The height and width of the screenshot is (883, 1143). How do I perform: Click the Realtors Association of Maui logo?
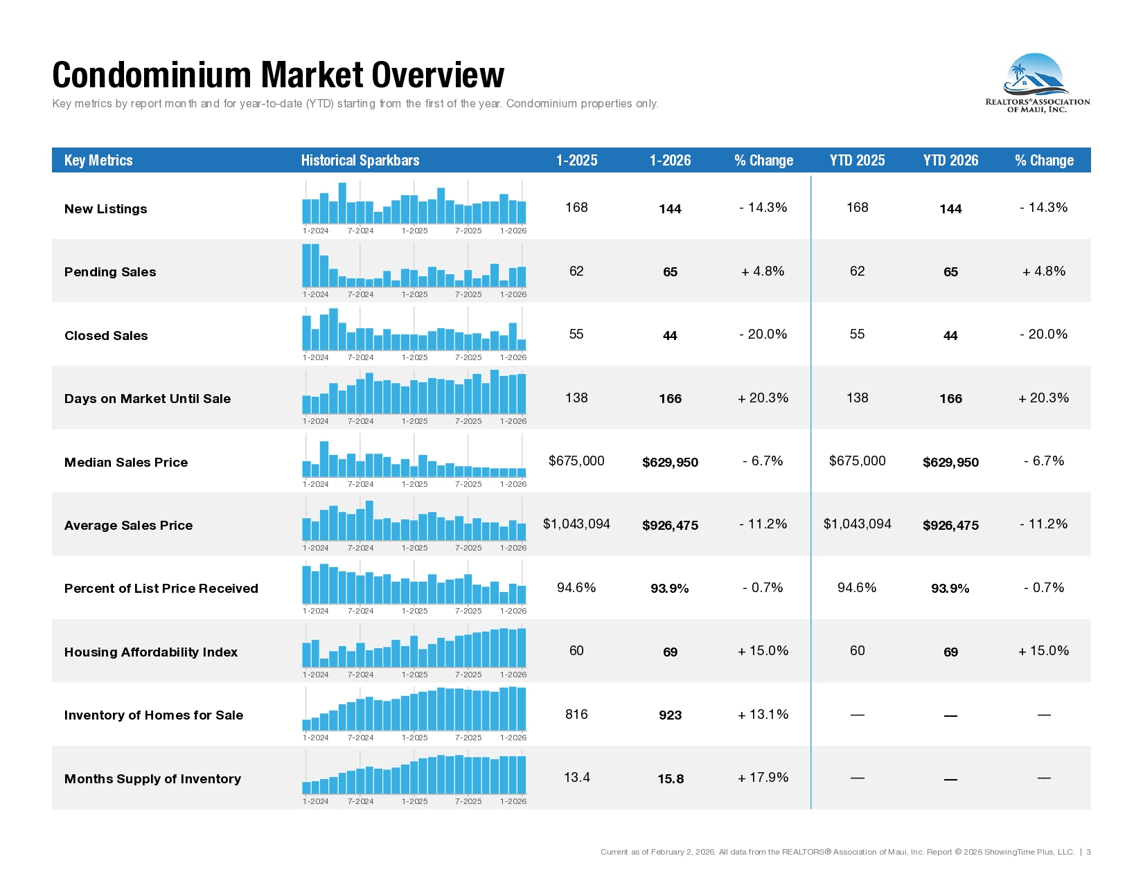1037,83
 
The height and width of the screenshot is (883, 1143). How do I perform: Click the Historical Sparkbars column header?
360,161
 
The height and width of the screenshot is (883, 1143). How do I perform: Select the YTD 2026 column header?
950,161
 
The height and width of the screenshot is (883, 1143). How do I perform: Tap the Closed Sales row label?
106,336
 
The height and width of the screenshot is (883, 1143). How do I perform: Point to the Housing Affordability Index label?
150,652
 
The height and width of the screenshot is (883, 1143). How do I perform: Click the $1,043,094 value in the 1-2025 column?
576,524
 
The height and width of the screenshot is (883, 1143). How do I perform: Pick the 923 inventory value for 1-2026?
670,715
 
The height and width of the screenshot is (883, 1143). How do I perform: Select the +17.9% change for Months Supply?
763,778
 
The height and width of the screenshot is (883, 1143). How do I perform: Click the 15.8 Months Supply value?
670,779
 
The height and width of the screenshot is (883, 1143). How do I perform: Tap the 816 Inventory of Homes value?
576,715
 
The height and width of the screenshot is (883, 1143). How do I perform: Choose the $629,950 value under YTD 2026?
950,463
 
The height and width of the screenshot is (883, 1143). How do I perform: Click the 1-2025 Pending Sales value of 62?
576,271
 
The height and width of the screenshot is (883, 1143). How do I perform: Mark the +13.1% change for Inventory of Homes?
763,715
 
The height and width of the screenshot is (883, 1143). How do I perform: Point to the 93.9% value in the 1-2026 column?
669,589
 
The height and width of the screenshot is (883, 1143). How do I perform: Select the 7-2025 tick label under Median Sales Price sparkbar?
468,484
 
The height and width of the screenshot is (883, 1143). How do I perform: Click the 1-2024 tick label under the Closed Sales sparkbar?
316,357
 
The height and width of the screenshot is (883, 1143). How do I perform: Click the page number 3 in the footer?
1088,852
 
